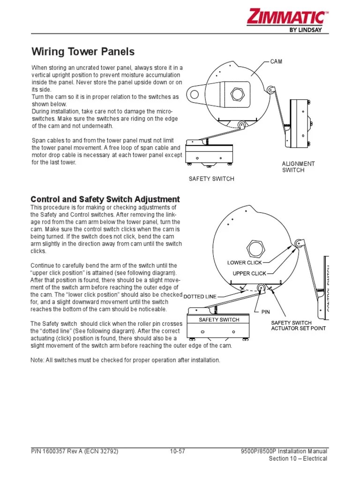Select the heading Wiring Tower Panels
click(x=82, y=52)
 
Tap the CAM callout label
click(x=276, y=62)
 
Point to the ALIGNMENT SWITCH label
click(x=298, y=167)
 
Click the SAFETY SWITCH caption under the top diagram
click(x=211, y=179)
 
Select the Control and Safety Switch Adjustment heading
click(x=105, y=199)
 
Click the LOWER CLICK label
click(x=245, y=262)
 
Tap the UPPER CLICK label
click(x=249, y=273)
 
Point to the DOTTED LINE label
click(x=200, y=297)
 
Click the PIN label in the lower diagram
click(x=266, y=311)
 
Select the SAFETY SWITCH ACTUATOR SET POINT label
click(x=298, y=325)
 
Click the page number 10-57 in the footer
click(x=178, y=451)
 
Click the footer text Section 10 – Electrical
click(x=298, y=458)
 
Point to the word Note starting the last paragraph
click(x=38, y=360)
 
